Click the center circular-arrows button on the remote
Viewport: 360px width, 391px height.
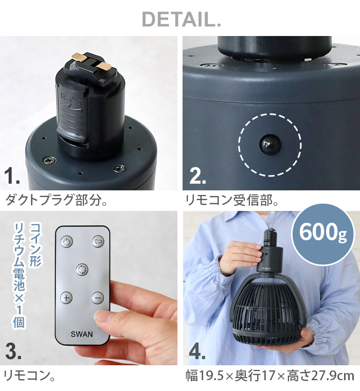point(82,269)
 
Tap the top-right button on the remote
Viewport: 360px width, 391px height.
point(98,241)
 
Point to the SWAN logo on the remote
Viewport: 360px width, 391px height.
point(82,334)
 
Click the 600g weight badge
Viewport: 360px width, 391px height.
point(323,234)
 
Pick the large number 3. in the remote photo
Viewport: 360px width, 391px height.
point(13,351)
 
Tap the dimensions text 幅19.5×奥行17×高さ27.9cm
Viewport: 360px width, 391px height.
point(270,376)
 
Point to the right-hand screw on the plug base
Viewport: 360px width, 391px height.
point(120,168)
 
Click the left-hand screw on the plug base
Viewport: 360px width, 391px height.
point(49,161)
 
